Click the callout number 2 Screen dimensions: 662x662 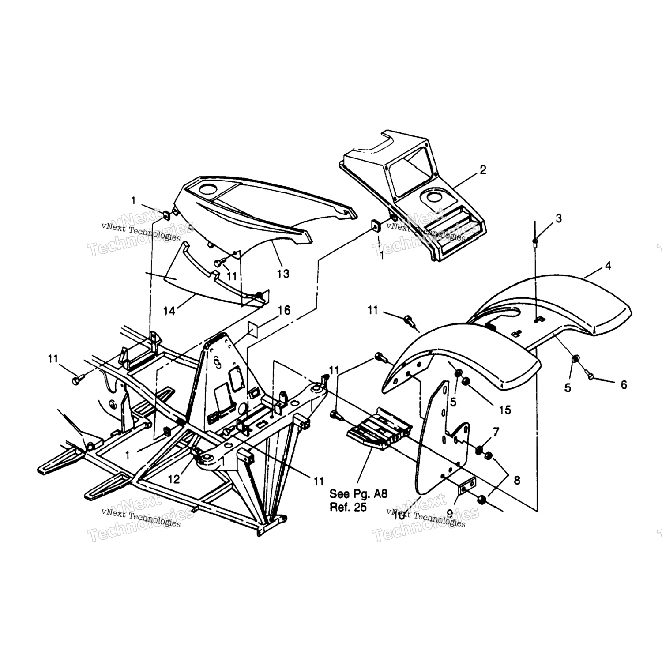click(x=483, y=170)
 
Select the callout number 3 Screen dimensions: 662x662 click(x=559, y=218)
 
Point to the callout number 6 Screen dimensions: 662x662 click(x=623, y=385)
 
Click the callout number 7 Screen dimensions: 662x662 click(x=496, y=432)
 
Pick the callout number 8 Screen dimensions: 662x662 click(x=516, y=480)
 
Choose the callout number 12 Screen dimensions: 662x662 click(x=174, y=479)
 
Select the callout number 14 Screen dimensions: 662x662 click(x=169, y=311)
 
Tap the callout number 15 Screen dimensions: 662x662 click(x=505, y=410)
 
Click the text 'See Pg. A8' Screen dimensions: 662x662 click(x=358, y=494)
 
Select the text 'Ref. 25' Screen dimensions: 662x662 click(x=348, y=507)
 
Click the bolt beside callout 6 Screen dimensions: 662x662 click(x=591, y=376)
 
